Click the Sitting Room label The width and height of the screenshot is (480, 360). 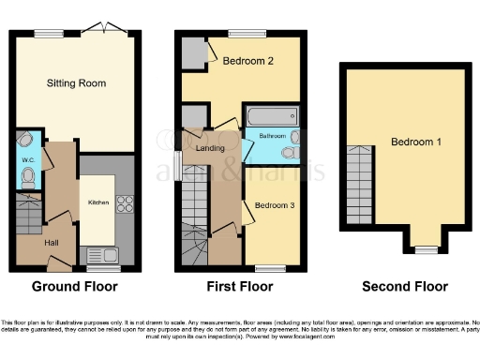point(77,83)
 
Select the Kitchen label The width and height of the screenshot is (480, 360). point(98,202)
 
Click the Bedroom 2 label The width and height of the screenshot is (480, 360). point(247,63)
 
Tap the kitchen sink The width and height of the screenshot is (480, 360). point(98,253)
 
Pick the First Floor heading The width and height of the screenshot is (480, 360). point(241,287)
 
